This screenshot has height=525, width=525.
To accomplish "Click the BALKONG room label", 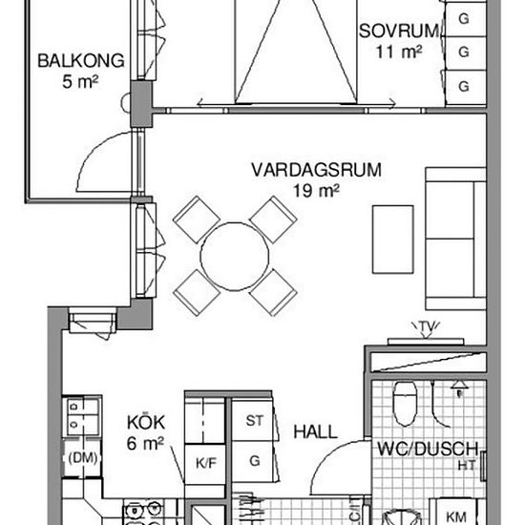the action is (81, 61).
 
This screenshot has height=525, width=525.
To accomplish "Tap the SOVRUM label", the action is (398, 31).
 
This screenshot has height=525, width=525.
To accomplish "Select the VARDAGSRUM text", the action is (316, 170).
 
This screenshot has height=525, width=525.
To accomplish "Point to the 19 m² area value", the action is (316, 191).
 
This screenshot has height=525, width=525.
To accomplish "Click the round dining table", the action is (235, 256).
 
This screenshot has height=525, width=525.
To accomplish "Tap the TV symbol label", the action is (426, 326).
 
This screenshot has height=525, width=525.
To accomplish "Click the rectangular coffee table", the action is (393, 240).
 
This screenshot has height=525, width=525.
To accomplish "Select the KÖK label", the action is (146, 422).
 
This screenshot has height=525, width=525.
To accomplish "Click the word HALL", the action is (315, 431).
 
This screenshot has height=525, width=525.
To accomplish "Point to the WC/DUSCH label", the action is (428, 449).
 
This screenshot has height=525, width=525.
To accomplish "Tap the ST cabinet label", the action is (255, 421).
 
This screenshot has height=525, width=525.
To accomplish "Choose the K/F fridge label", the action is (206, 463).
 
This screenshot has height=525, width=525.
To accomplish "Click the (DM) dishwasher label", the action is (83, 457).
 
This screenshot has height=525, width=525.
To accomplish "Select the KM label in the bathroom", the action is (455, 517).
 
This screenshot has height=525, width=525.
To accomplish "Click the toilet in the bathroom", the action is (406, 404).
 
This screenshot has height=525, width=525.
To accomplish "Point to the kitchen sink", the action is (82, 415).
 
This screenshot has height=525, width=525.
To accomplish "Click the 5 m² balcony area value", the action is (80, 82).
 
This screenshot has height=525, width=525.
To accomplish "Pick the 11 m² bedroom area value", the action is (398, 52).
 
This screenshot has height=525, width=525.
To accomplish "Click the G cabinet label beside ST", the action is (255, 461).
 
